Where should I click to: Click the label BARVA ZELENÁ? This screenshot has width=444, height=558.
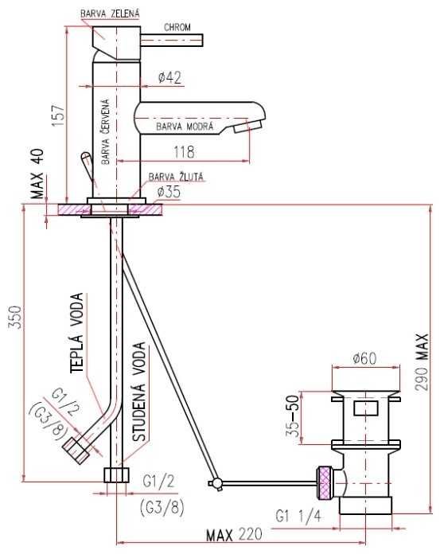pyautogui.click(x=110, y=14)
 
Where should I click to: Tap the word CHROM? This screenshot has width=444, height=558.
pyautogui.click(x=177, y=27)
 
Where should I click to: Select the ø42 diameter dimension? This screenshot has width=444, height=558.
pyautogui.click(x=169, y=77)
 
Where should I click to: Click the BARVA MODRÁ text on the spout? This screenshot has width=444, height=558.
pyautogui.click(x=185, y=127)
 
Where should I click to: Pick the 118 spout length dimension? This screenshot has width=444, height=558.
pyautogui.click(x=185, y=152)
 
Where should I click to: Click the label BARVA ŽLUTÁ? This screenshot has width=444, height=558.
pyautogui.click(x=176, y=177)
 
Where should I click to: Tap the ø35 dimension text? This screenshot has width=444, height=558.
pyautogui.click(x=169, y=192)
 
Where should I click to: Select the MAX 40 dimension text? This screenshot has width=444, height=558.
pyautogui.click(x=37, y=174)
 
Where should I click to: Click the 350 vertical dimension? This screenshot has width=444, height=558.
pyautogui.click(x=17, y=317)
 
